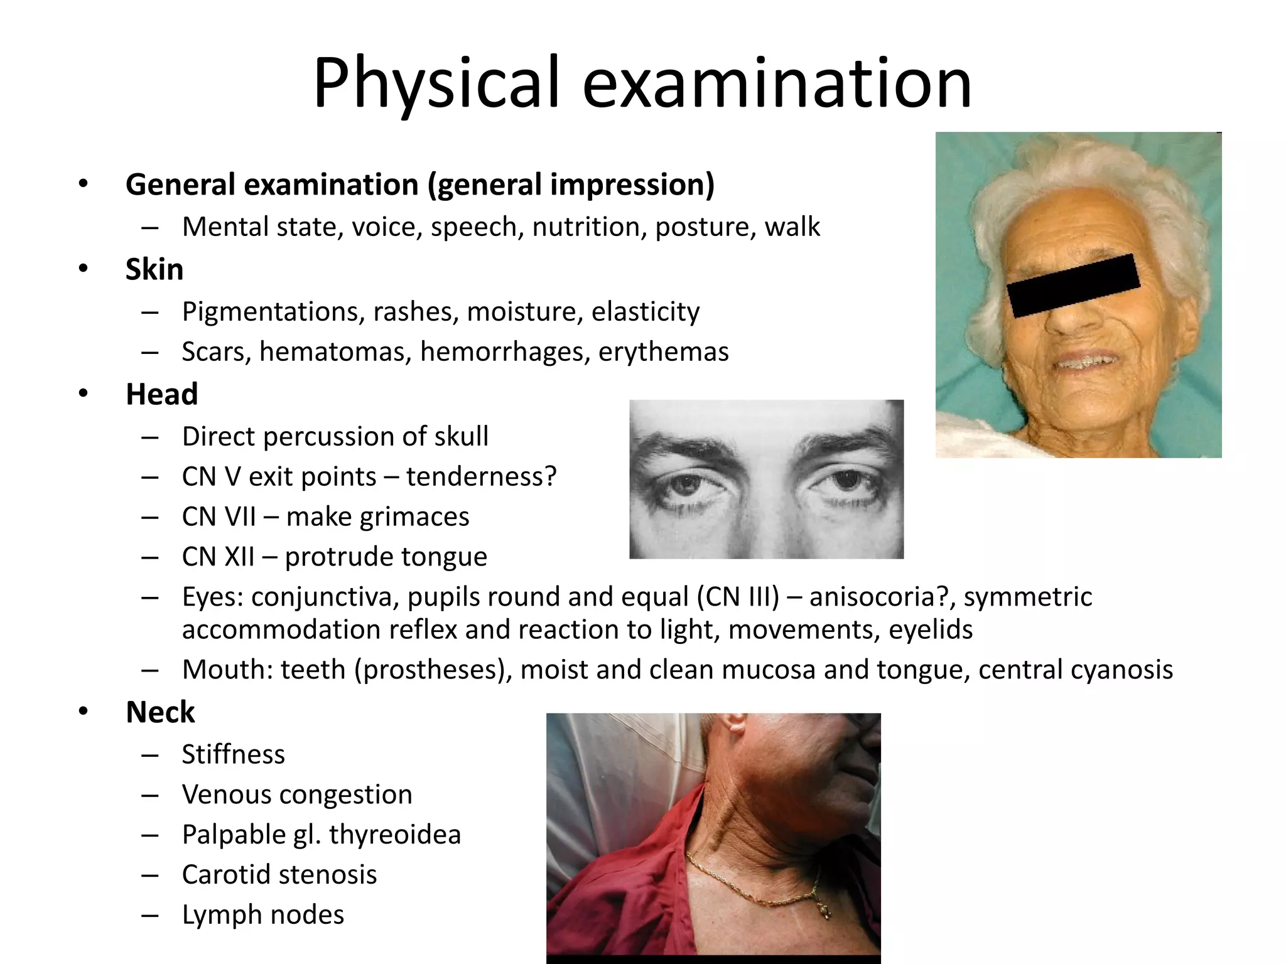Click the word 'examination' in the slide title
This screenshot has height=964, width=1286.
point(777,83)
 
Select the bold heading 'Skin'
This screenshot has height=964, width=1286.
point(154,269)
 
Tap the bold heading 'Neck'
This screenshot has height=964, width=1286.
point(160,712)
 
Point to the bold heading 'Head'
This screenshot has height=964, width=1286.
point(162,394)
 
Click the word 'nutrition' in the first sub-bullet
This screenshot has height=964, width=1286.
point(589,227)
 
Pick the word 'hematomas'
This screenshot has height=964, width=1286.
point(335,351)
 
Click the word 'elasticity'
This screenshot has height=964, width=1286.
point(645,311)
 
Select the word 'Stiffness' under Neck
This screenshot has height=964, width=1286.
point(233,754)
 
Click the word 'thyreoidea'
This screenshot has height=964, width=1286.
point(395,835)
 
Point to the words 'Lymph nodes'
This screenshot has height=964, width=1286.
point(263,915)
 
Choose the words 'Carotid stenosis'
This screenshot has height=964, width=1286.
point(279,875)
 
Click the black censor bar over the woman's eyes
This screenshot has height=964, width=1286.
point(1073,286)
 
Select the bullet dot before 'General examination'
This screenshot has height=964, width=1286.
point(84,184)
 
